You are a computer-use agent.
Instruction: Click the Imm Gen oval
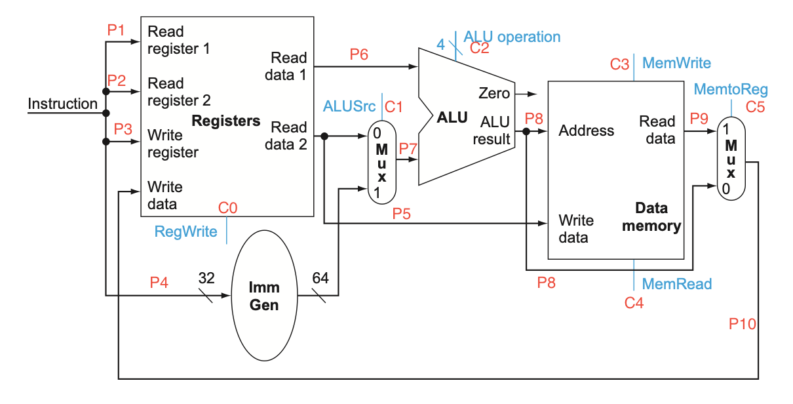(x=264, y=296)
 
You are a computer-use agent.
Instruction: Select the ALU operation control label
(x=512, y=37)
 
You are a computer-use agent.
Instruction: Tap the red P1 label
(x=117, y=30)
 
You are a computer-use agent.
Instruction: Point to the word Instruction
(x=62, y=104)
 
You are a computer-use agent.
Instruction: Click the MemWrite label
(x=676, y=63)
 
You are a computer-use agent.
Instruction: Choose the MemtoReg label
(x=730, y=89)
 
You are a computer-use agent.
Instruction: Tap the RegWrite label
(x=185, y=232)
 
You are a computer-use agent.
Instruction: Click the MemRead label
(x=676, y=284)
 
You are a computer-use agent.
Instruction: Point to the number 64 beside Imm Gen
(x=320, y=277)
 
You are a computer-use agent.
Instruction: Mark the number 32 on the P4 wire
(x=206, y=277)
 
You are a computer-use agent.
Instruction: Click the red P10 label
(x=743, y=324)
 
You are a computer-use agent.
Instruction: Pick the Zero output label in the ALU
(x=493, y=93)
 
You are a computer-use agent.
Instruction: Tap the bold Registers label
(x=225, y=121)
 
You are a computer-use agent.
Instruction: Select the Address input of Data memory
(x=586, y=131)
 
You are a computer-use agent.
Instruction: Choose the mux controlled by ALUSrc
(x=381, y=161)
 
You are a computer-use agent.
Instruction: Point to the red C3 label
(x=619, y=64)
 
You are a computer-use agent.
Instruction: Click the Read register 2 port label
(x=179, y=92)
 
